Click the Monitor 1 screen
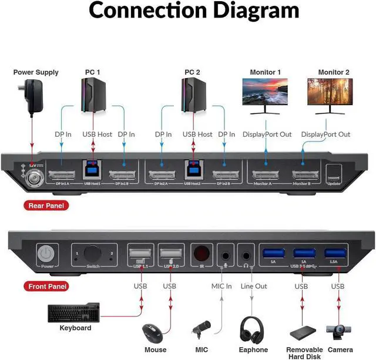[x=262, y=92]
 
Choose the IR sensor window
[x=202, y=254]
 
